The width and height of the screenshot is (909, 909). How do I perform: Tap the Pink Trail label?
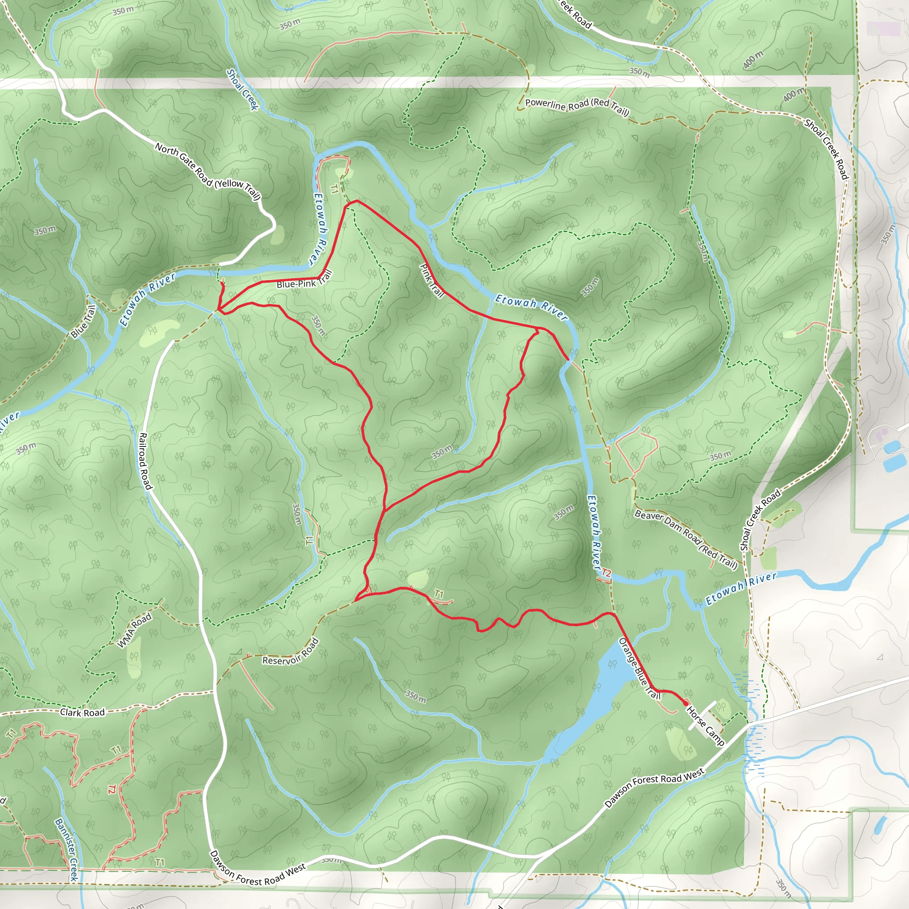tap(431, 281)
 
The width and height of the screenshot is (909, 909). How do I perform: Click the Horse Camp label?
tap(705, 726)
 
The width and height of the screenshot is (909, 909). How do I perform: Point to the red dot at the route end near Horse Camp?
tap(686, 703)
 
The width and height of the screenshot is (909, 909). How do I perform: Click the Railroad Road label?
tap(144, 461)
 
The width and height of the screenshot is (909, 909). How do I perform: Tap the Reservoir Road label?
tap(290, 652)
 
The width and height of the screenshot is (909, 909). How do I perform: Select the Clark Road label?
tap(83, 712)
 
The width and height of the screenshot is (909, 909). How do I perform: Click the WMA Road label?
tap(134, 630)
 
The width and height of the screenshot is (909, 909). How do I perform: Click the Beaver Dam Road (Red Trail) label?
tap(685, 539)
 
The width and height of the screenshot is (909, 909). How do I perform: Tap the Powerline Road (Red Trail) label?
tap(577, 107)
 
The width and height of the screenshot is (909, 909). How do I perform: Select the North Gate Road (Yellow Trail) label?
tap(207, 172)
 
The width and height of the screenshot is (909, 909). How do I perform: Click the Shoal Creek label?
tap(242, 89)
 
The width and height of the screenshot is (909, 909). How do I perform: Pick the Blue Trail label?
tap(83, 321)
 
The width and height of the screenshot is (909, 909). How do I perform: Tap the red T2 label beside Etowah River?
tap(606, 573)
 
